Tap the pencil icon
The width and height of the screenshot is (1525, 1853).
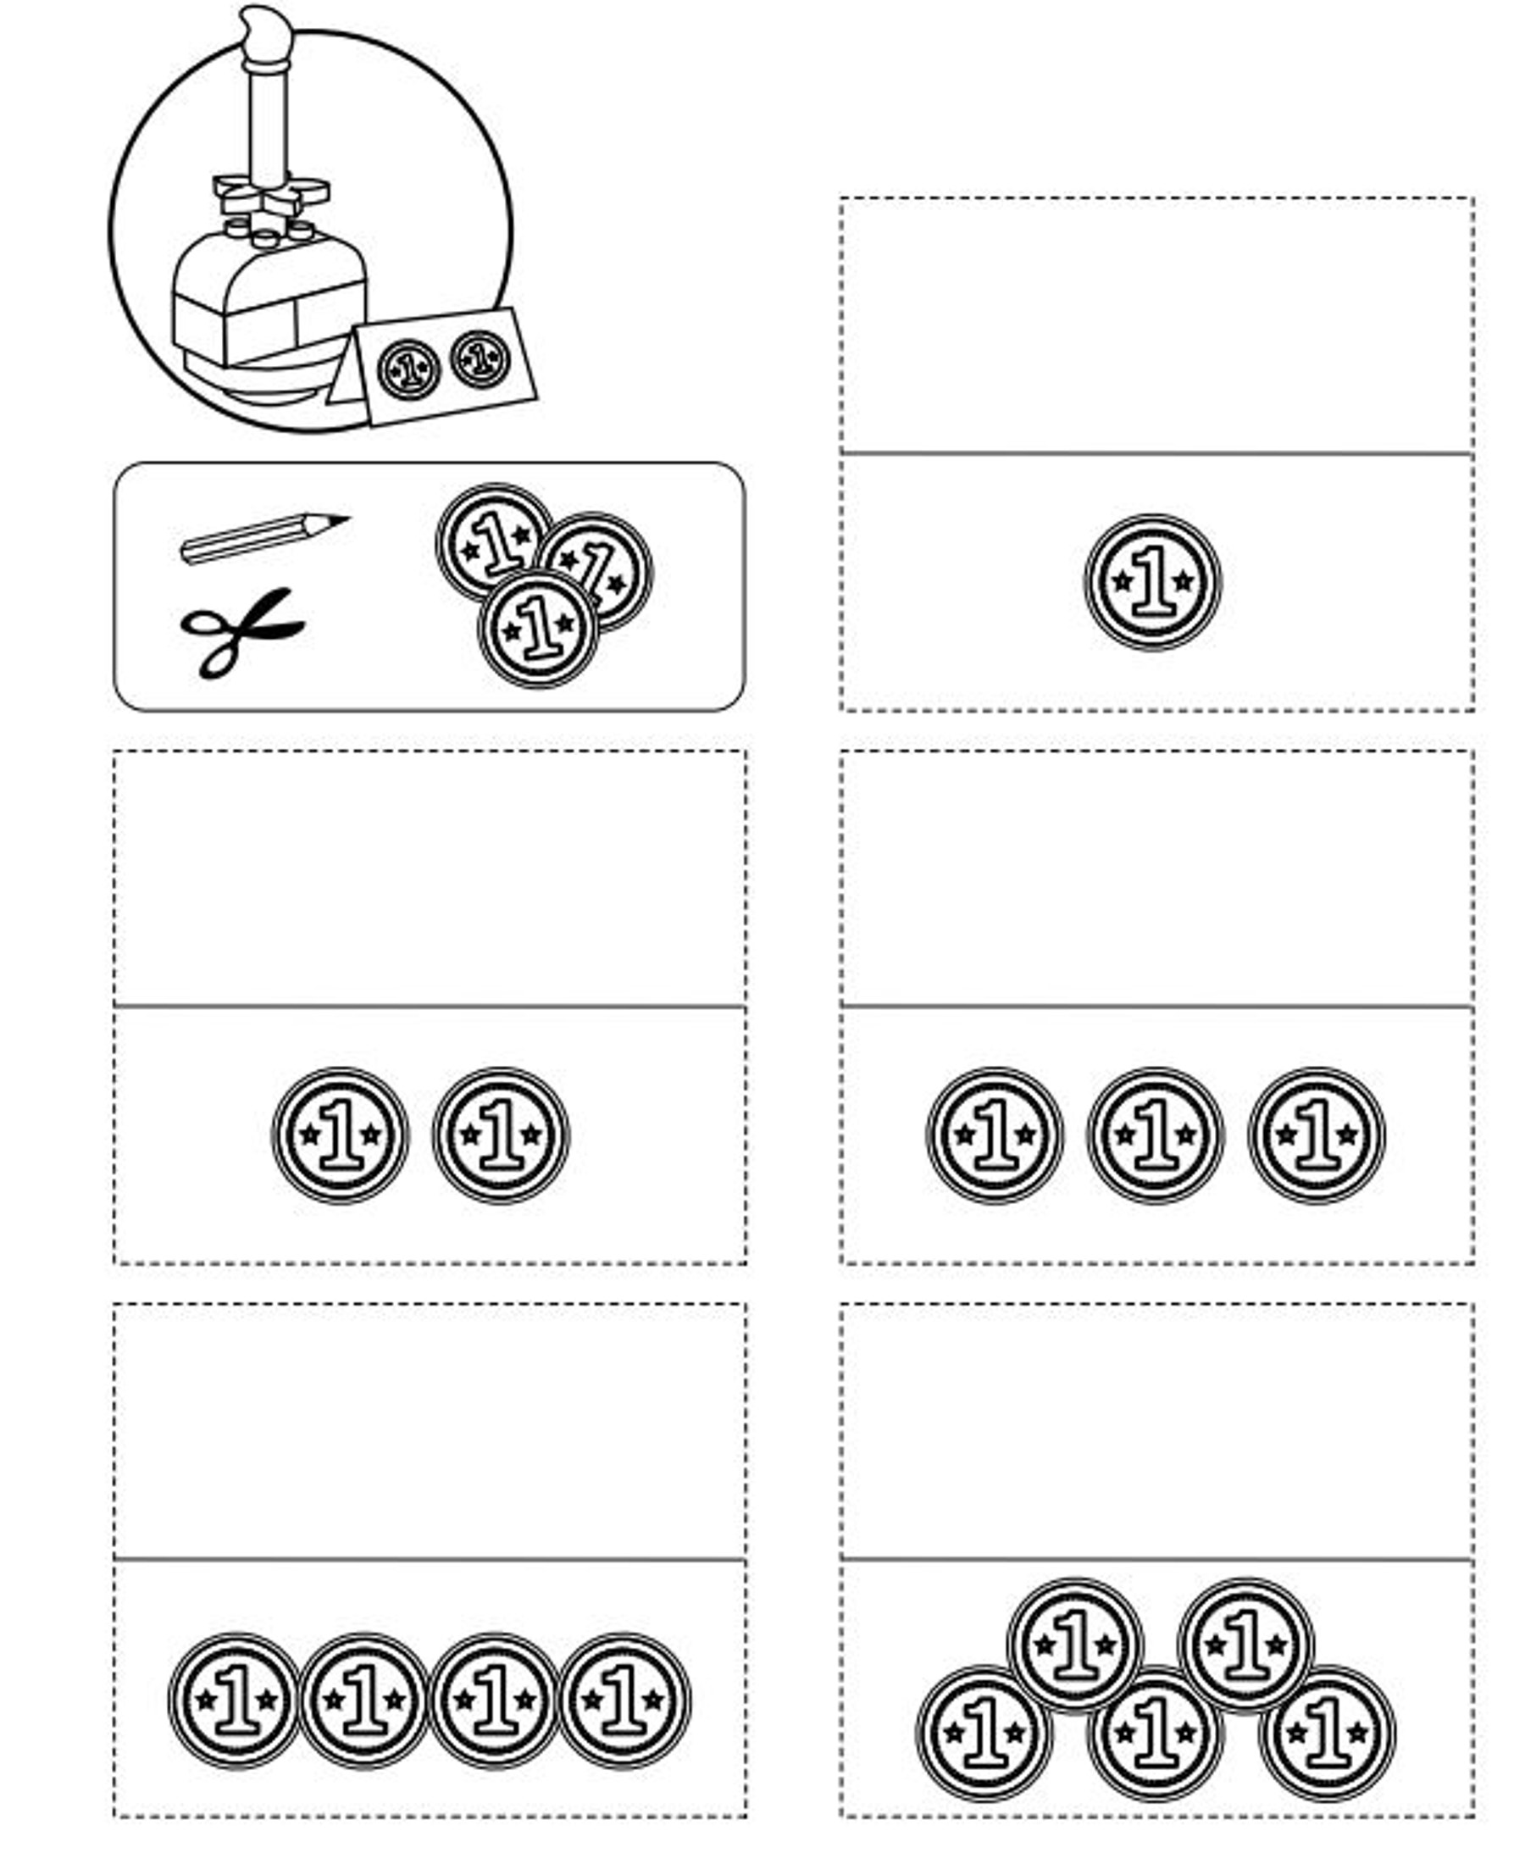(263, 537)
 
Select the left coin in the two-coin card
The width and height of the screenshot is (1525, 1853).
(340, 1136)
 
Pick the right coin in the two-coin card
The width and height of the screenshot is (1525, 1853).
(501, 1136)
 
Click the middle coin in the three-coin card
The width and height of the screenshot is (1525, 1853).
(1155, 1136)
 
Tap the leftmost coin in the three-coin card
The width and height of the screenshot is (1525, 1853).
(995, 1136)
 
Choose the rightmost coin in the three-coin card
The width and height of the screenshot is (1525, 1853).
(1316, 1136)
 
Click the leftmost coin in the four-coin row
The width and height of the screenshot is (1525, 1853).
(235, 1701)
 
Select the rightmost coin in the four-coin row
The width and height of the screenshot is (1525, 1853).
(624, 1701)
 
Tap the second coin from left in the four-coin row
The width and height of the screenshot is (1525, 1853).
(363, 1701)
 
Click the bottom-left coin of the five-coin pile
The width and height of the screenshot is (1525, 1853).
(984, 1734)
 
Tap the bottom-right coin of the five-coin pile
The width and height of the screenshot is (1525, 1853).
(1327, 1734)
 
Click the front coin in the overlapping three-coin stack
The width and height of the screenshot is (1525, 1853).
(539, 628)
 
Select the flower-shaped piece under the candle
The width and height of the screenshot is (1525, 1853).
(271, 194)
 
